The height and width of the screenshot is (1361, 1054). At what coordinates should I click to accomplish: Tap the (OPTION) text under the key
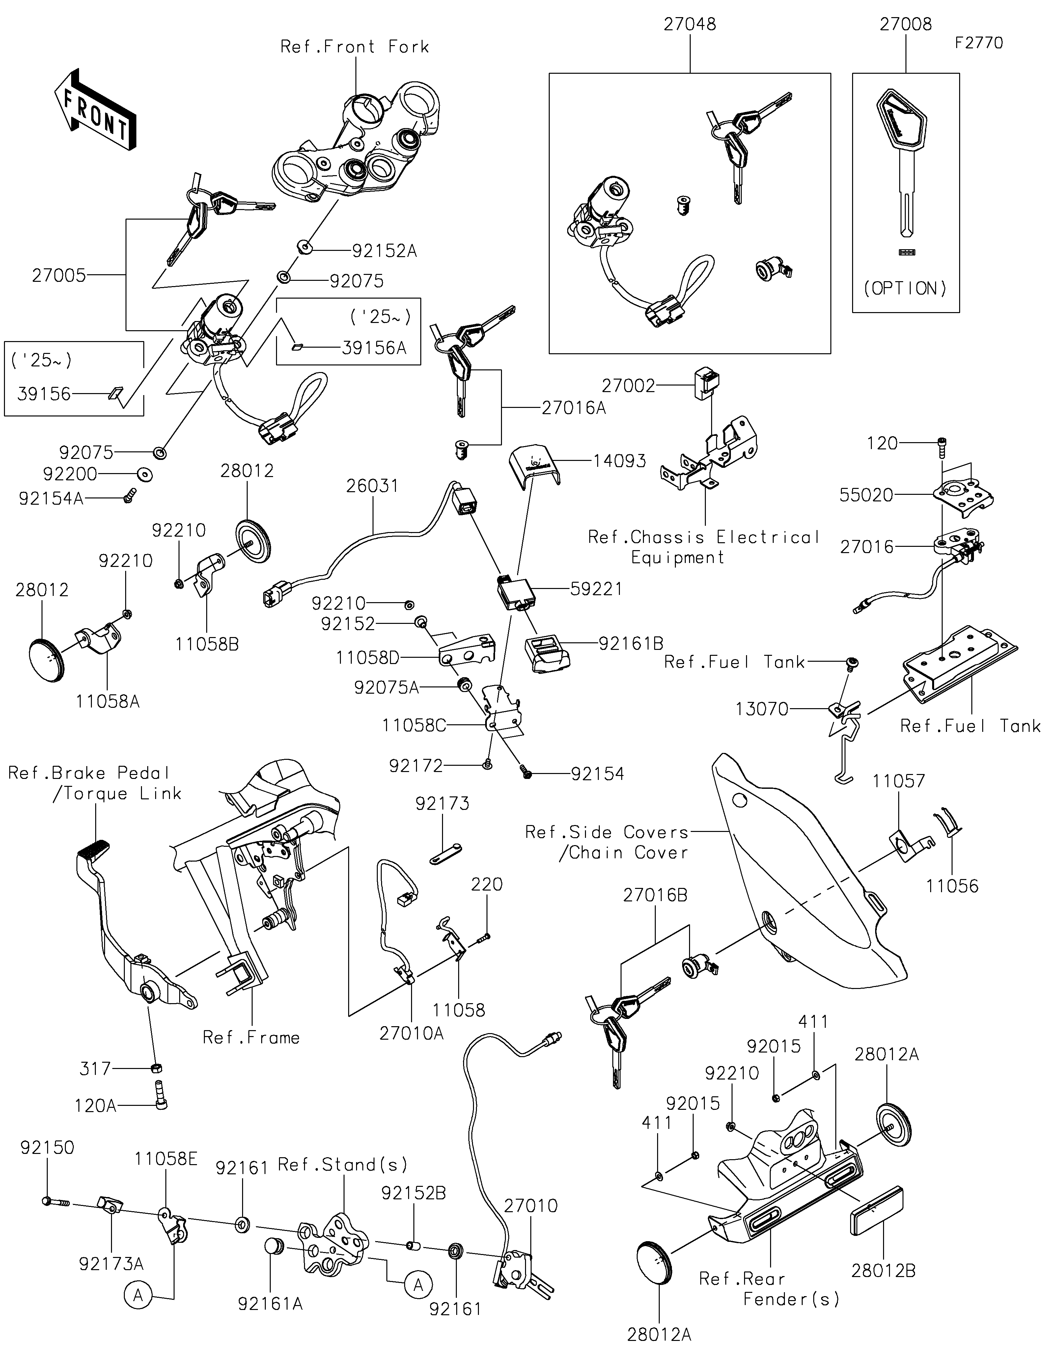click(x=905, y=288)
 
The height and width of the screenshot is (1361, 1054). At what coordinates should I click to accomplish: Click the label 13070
click(x=762, y=709)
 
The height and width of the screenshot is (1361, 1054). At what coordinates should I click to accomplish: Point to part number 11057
click(x=898, y=781)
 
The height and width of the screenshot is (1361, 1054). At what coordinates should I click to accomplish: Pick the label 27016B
click(x=655, y=895)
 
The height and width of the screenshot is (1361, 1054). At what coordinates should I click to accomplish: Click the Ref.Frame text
click(x=251, y=1038)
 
